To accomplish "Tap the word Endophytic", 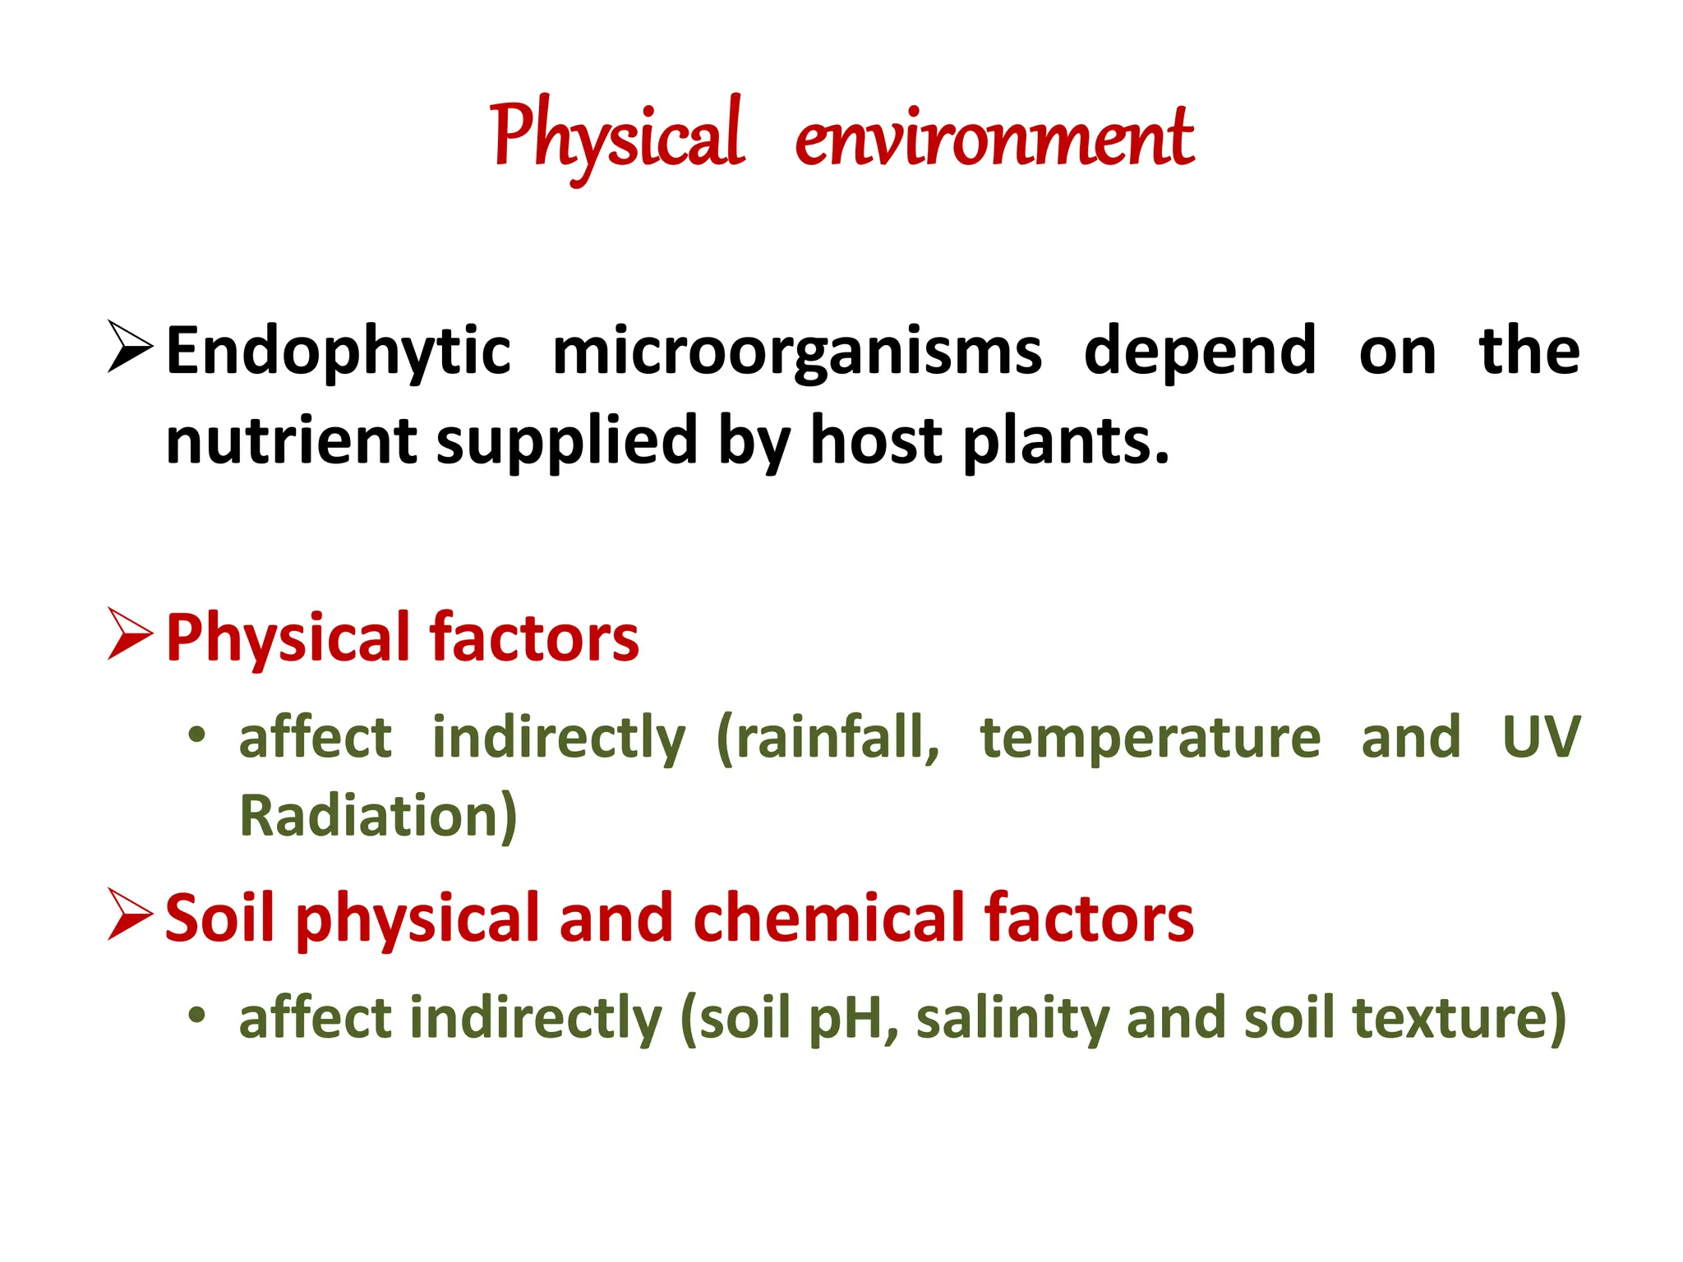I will [339, 352].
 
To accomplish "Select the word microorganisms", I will [797, 352].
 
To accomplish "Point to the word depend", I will [1200, 352].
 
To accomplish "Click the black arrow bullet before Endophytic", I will [130, 348].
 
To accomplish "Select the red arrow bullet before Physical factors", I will [130, 633].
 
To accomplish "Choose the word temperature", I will [1150, 737].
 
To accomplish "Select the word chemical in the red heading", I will [829, 918].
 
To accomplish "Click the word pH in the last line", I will [845, 1018].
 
